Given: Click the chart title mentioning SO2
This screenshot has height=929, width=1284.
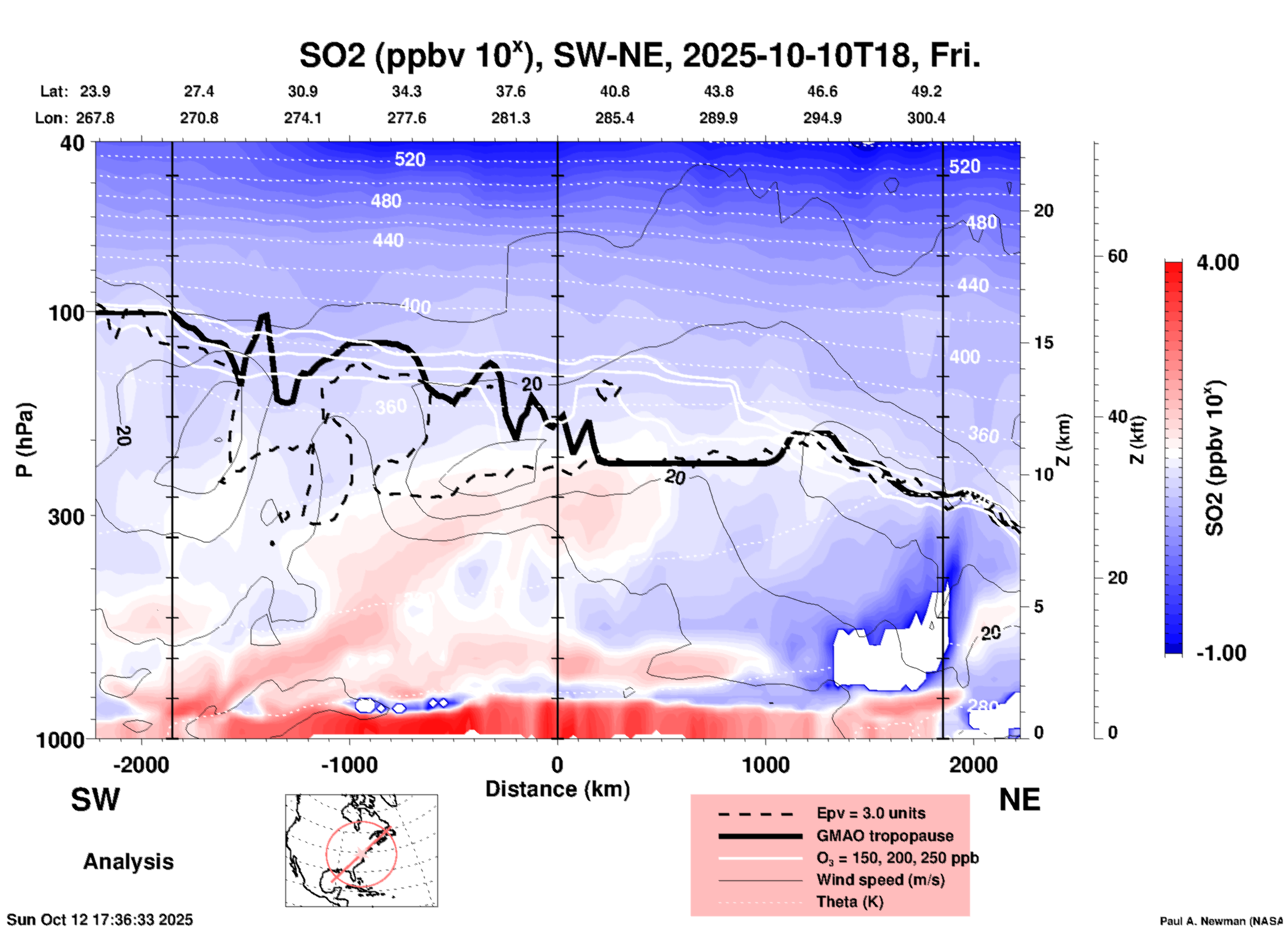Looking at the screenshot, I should click(x=639, y=55).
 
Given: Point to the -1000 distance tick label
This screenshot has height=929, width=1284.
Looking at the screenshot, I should click(x=349, y=765).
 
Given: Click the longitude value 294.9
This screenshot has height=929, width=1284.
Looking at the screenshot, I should click(x=822, y=118).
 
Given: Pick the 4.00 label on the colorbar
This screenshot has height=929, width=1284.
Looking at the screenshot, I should click(x=1217, y=262).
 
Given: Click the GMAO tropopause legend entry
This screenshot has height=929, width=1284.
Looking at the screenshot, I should click(x=885, y=836).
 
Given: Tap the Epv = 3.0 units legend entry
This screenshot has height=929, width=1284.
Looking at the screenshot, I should click(x=871, y=813).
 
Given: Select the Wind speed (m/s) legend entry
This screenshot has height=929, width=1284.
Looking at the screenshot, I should click(x=880, y=880).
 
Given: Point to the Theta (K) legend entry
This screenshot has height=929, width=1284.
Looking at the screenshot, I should click(x=849, y=902).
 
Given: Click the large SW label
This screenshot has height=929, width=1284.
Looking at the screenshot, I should click(x=95, y=800).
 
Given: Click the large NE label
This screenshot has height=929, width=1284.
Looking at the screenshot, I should click(x=1019, y=800).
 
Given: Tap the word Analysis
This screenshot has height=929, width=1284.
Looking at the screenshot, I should click(x=128, y=861).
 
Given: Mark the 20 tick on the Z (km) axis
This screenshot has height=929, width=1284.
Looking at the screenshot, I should click(x=1043, y=211).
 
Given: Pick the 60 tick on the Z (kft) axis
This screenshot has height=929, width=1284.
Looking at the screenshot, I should click(x=1117, y=256).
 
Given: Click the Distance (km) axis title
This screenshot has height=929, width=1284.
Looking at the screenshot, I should click(x=557, y=789).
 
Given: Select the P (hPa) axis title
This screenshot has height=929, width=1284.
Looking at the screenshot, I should click(x=25, y=440).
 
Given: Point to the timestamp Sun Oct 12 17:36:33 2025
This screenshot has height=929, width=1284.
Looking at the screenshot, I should click(x=100, y=920).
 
